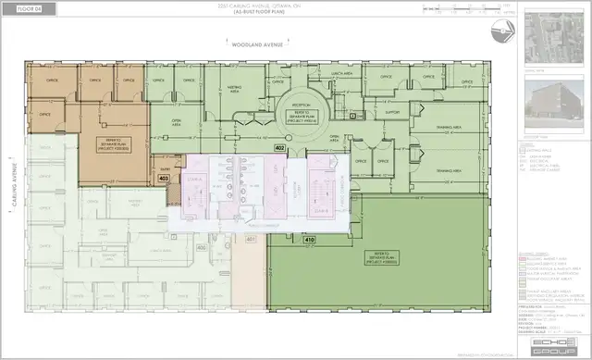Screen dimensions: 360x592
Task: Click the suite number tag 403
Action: [164, 180]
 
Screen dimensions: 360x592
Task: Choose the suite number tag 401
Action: [250, 240]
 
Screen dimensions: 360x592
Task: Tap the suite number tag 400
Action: [202, 249]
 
